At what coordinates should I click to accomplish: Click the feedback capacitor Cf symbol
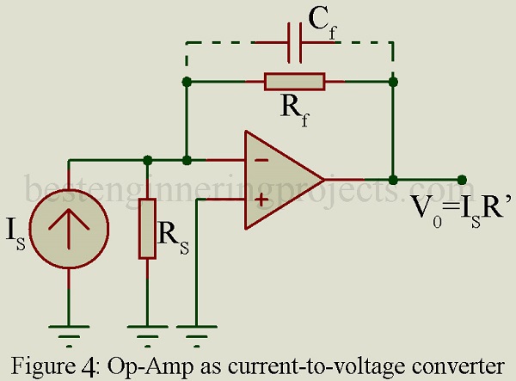(x=294, y=43)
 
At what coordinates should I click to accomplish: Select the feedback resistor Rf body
(x=294, y=82)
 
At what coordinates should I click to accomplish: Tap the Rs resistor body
(x=147, y=229)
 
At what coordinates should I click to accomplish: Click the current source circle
(x=69, y=229)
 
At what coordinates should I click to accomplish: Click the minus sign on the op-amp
(x=261, y=161)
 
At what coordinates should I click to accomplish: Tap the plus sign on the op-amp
(x=261, y=200)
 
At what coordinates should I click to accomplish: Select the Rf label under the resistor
(x=295, y=110)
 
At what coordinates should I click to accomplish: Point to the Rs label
(x=174, y=239)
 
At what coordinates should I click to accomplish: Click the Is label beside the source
(x=15, y=237)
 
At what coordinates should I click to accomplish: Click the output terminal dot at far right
(x=462, y=180)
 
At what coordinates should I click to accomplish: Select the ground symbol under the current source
(x=69, y=336)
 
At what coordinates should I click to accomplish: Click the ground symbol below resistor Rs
(x=147, y=336)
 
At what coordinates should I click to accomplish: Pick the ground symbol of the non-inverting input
(x=196, y=336)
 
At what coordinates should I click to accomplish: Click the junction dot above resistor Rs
(x=148, y=161)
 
